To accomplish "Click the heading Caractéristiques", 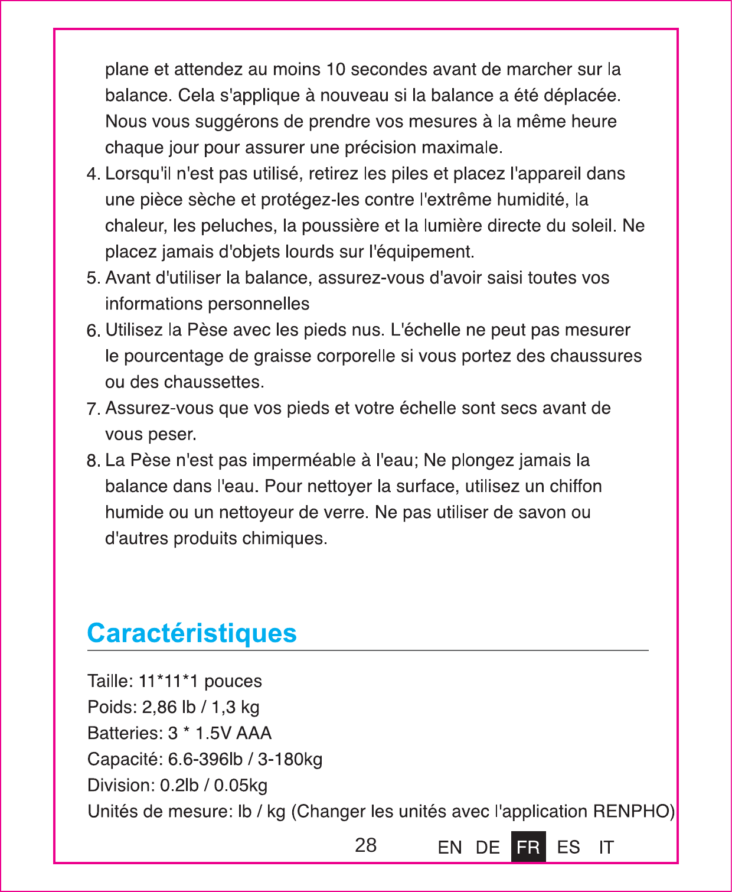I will (192, 633).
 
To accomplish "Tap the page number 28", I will (365, 845).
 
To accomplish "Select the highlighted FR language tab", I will (528, 847).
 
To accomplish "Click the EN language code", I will (450, 848).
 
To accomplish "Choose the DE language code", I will (488, 848).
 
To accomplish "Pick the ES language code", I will (568, 848).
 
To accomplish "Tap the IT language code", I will (606, 848).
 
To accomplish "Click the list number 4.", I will (93, 174).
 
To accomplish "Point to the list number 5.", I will (93, 278).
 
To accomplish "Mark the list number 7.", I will (93, 409).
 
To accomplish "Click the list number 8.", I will (93, 461).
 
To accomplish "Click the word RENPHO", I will (633, 811).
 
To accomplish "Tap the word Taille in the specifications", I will (110, 681).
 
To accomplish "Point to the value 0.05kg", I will (240, 786).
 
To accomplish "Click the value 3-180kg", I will (290, 759).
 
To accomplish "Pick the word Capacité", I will (125, 759).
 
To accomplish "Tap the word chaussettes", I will (214, 382).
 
